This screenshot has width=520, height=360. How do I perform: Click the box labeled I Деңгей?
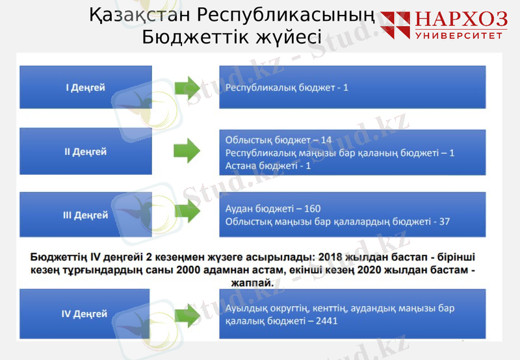86,87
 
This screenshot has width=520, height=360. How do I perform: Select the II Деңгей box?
86,152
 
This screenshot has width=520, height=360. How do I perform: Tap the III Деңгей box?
86,215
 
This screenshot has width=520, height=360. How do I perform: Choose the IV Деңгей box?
86,314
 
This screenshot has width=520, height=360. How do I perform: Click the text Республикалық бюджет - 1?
287,87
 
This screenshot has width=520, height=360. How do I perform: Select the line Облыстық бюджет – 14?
278,140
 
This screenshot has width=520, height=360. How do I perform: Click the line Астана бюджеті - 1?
268,166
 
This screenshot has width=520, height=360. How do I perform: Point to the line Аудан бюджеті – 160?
273,209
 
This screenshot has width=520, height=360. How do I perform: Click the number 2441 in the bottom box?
325,321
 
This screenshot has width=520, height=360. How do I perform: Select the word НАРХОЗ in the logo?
460,20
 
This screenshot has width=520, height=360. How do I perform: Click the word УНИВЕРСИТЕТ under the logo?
460,35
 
